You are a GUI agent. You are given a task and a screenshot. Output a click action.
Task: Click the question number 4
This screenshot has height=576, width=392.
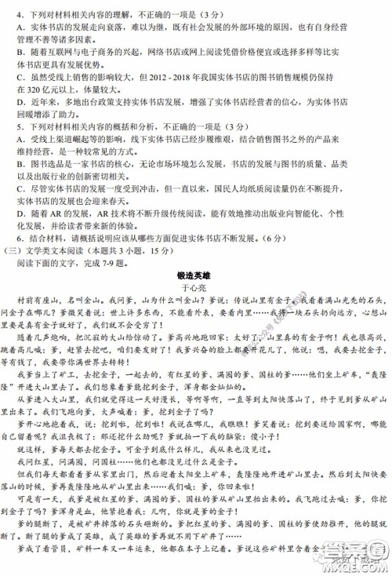coord(19,13)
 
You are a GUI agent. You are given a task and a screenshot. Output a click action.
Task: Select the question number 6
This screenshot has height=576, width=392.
coord(19,239)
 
